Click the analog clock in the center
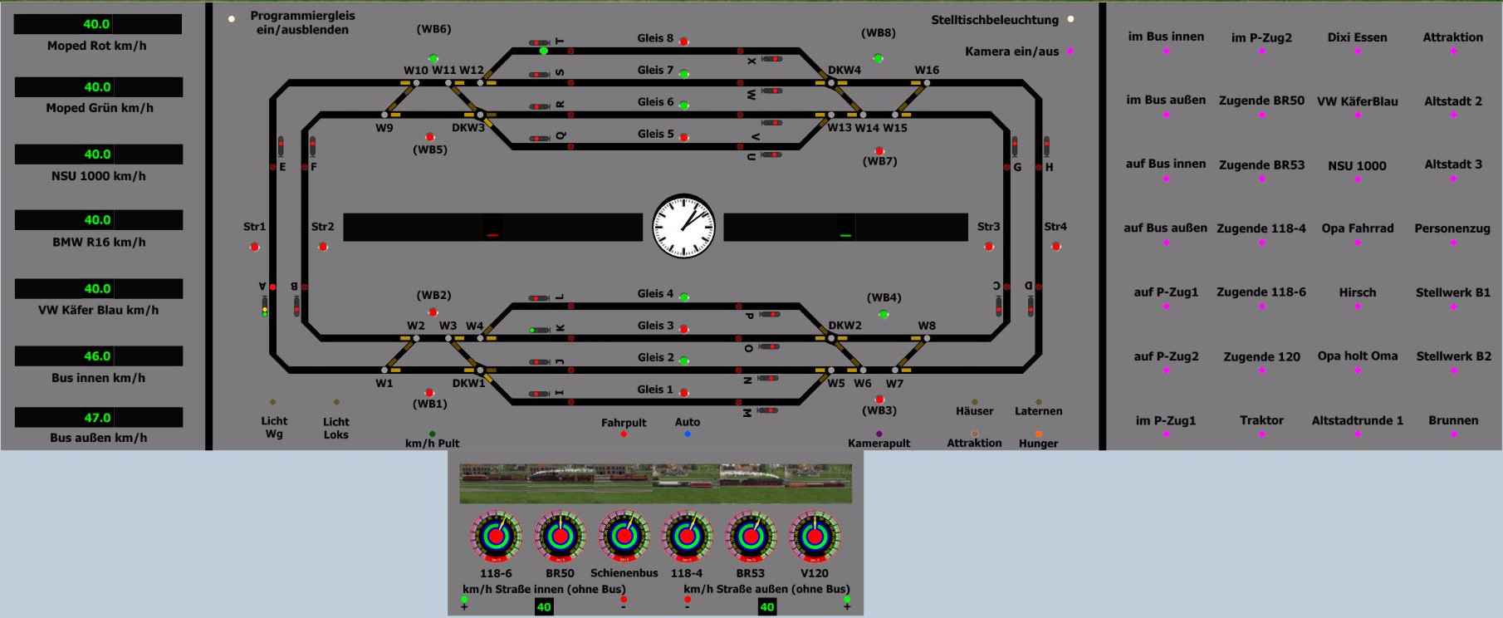[683, 226]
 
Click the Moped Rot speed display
[98, 24]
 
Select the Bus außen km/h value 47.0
[98, 418]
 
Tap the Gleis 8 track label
[655, 38]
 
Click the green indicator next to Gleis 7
[684, 74]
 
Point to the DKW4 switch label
[845, 71]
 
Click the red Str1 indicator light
[255, 247]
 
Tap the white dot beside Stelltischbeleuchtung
[1070, 19]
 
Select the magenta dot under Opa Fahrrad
[1358, 243]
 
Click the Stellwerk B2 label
[1453, 356]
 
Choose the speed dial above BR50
[560, 537]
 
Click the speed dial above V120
[815, 537]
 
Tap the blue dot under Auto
[688, 434]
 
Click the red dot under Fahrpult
[624, 434]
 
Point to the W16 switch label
[927, 71]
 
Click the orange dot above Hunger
[1038, 433]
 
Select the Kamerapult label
[879, 444]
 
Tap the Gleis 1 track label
[655, 390]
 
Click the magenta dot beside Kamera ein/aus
[1070, 51]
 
